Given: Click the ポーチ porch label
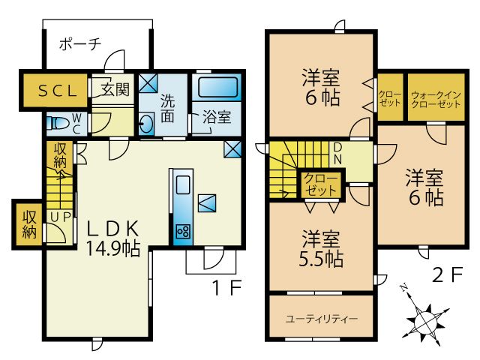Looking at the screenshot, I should tap(80, 43).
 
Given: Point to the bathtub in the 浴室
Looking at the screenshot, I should tap(217, 87).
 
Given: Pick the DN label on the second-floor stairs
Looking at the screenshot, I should tap(337, 154).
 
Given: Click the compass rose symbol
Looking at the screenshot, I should tap(424, 319).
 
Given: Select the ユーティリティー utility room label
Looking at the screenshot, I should tap(322, 319).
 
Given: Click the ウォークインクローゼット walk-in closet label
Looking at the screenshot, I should tap(436, 100).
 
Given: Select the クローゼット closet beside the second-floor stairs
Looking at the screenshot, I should tap(321, 184).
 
